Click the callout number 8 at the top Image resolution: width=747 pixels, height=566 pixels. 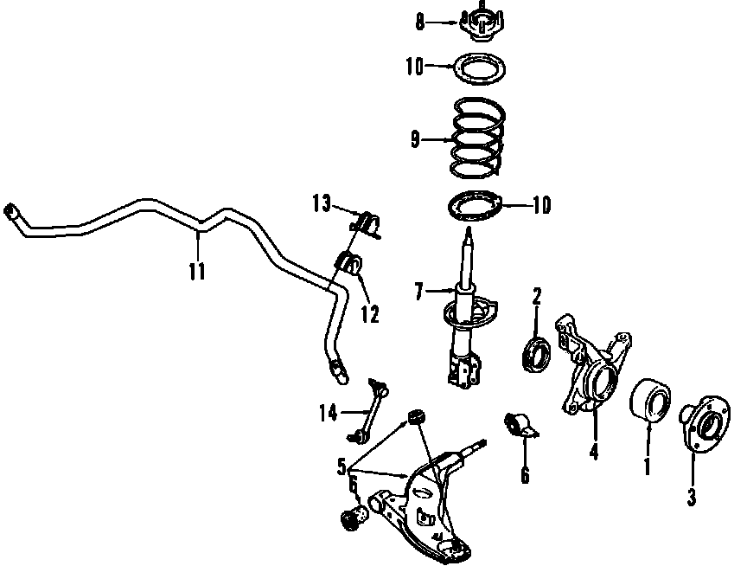click(x=419, y=23)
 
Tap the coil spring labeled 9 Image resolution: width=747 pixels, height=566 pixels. click(x=477, y=138)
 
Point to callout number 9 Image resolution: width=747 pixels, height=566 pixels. click(x=415, y=140)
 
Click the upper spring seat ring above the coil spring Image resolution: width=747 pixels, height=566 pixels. click(x=479, y=68)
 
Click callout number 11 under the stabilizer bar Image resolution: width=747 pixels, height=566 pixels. click(x=197, y=272)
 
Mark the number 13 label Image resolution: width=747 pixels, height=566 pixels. click(x=322, y=204)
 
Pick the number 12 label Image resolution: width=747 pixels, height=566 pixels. click(x=370, y=315)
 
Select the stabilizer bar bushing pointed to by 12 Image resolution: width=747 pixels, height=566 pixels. click(x=350, y=264)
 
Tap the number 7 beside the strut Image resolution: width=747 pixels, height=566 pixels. click(x=418, y=292)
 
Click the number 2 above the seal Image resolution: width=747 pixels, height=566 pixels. click(x=537, y=296)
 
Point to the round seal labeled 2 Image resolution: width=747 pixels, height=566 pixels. click(x=536, y=353)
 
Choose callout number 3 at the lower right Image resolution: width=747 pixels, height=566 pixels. click(x=692, y=497)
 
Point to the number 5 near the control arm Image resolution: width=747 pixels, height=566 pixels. click(x=342, y=467)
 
